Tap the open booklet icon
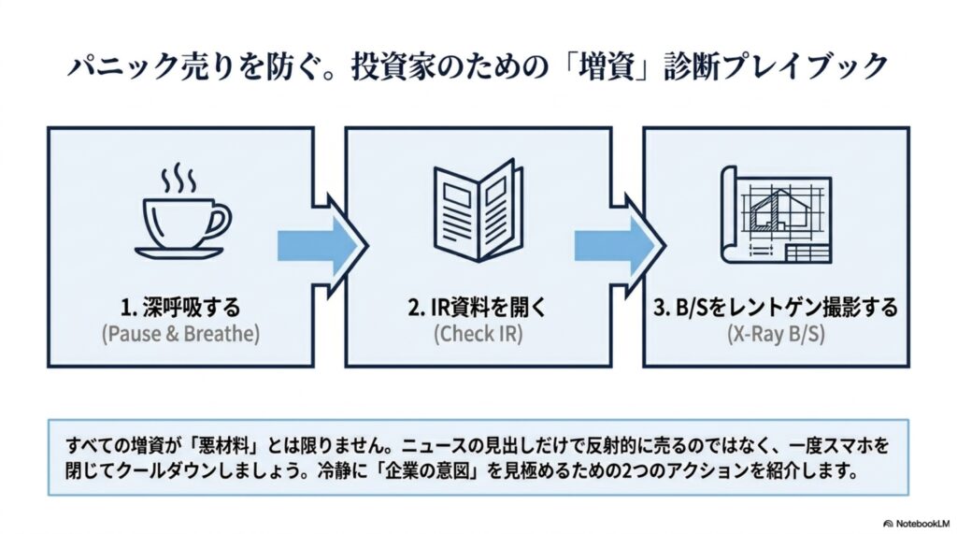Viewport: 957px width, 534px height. click(x=478, y=210)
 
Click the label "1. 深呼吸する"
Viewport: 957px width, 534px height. click(x=180, y=308)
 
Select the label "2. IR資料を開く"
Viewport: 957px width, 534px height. click(x=478, y=308)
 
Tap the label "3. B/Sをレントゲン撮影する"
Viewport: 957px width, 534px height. click(x=776, y=308)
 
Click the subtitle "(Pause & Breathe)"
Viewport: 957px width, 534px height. click(x=180, y=334)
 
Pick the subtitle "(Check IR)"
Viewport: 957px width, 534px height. click(x=478, y=334)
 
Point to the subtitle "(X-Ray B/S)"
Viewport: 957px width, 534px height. click(x=776, y=334)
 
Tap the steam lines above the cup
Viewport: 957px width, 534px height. click(x=179, y=177)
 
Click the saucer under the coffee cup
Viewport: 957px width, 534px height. click(x=179, y=253)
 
